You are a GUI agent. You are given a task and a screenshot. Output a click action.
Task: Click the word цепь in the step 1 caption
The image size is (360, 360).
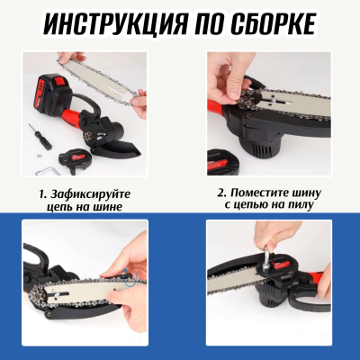pos(75,207)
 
